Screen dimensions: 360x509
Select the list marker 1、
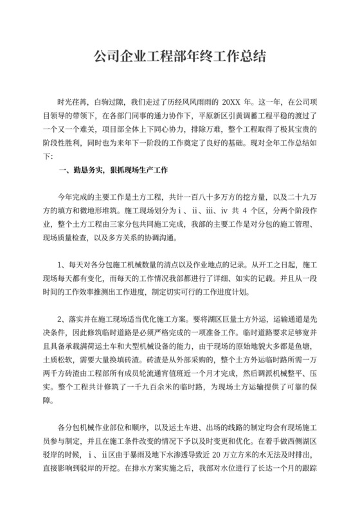point(63,265)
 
